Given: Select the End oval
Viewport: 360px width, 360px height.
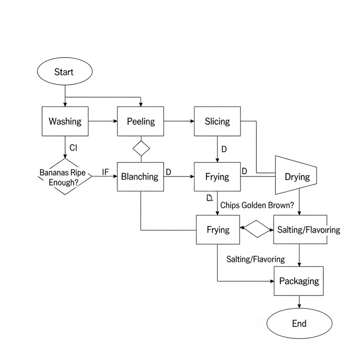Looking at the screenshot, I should click(x=299, y=324).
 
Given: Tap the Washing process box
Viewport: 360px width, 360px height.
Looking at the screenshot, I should click(x=65, y=121).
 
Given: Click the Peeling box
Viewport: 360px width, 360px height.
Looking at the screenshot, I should click(x=140, y=121).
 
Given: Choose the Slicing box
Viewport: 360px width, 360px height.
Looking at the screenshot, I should click(x=217, y=121).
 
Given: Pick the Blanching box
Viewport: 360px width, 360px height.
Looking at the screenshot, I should click(x=140, y=177).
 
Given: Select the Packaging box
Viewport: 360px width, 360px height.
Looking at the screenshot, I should click(x=299, y=281).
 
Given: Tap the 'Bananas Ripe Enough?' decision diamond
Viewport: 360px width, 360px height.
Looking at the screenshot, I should click(x=65, y=176).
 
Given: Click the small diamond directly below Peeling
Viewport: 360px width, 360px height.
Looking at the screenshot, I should click(x=141, y=148).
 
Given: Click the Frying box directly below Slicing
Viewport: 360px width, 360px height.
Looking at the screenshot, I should click(x=217, y=177).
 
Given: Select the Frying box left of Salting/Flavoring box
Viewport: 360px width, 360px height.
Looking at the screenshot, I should click(x=218, y=229).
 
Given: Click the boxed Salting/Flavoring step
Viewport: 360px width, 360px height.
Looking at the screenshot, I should click(x=308, y=229).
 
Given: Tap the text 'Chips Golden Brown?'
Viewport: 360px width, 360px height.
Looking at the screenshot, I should click(x=257, y=205).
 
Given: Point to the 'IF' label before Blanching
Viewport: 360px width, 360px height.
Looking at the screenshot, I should click(x=106, y=172).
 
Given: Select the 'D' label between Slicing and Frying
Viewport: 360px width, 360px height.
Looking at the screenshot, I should click(x=224, y=148).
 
